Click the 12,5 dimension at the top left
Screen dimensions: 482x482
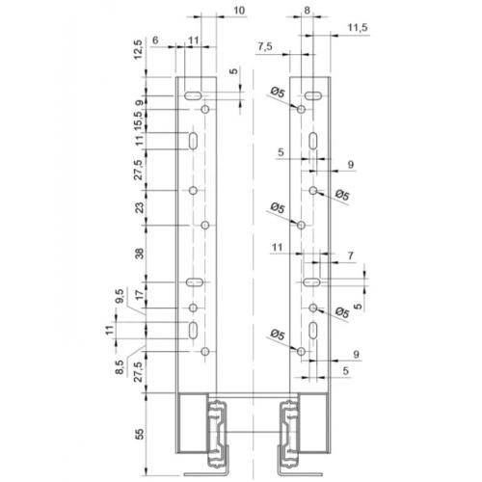(138, 49)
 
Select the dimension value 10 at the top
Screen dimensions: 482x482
(239, 11)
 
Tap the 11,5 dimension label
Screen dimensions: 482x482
(358, 28)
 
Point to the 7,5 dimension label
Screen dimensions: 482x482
(265, 47)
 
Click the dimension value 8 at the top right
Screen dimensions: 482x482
(307, 11)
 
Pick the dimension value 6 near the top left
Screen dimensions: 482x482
(155, 40)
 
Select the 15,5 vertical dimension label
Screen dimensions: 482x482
(138, 120)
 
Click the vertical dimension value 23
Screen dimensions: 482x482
(140, 208)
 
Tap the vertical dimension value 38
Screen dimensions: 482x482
(140, 254)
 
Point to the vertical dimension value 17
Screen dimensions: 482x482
(140, 295)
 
